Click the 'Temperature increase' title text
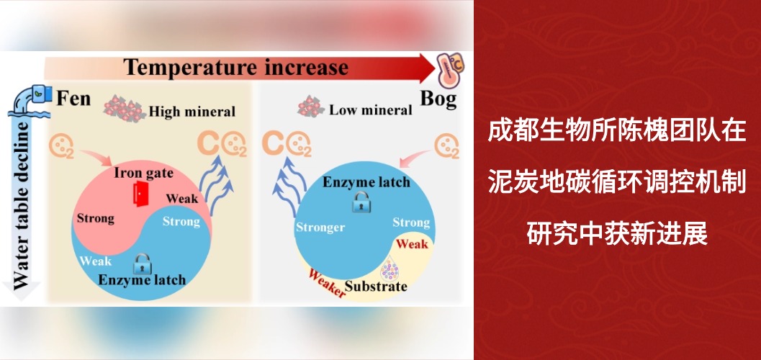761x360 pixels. coord(236,68)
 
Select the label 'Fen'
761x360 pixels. coord(73,97)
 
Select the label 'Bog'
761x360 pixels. coord(438,98)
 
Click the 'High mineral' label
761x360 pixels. coord(192,112)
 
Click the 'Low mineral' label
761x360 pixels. coord(370,110)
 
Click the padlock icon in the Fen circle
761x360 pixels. coord(141,260)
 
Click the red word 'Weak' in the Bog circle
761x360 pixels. coord(412,244)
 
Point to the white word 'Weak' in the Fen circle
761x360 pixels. coord(96,261)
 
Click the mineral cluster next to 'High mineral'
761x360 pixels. coord(123,109)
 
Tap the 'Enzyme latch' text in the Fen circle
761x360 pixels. coord(142,279)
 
